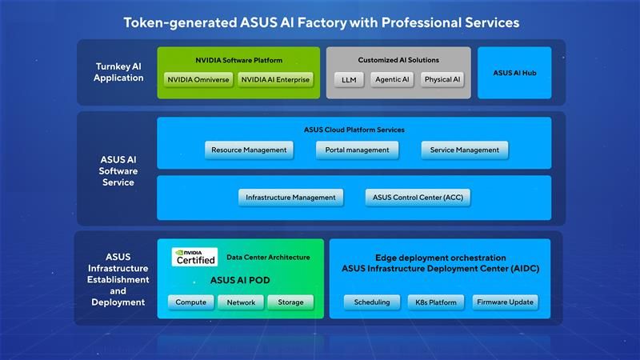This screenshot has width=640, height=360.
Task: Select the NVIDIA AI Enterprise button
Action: click(275, 79)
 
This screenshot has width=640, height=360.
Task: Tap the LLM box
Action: click(349, 79)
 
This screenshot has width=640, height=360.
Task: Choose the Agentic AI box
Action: click(394, 79)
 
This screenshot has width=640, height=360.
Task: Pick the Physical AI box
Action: click(442, 79)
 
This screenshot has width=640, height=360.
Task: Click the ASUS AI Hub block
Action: click(514, 73)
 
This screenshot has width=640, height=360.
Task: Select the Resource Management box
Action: click(249, 150)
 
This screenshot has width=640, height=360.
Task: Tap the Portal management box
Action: click(356, 150)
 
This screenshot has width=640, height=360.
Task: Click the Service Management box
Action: click(464, 150)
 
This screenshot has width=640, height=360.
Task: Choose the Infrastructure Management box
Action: click(290, 197)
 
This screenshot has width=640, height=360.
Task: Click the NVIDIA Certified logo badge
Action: click(196, 257)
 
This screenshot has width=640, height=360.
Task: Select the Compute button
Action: click(191, 302)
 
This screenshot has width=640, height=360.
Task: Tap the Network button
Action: click(241, 302)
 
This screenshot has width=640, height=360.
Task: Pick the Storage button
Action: click(290, 302)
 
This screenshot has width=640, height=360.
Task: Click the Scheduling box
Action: click(372, 302)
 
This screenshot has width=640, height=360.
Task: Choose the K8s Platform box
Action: click(436, 302)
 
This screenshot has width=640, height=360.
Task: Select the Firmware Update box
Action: click(504, 302)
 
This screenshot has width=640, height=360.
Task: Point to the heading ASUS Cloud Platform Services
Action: click(354, 130)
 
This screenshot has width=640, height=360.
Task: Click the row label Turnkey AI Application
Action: click(118, 72)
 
